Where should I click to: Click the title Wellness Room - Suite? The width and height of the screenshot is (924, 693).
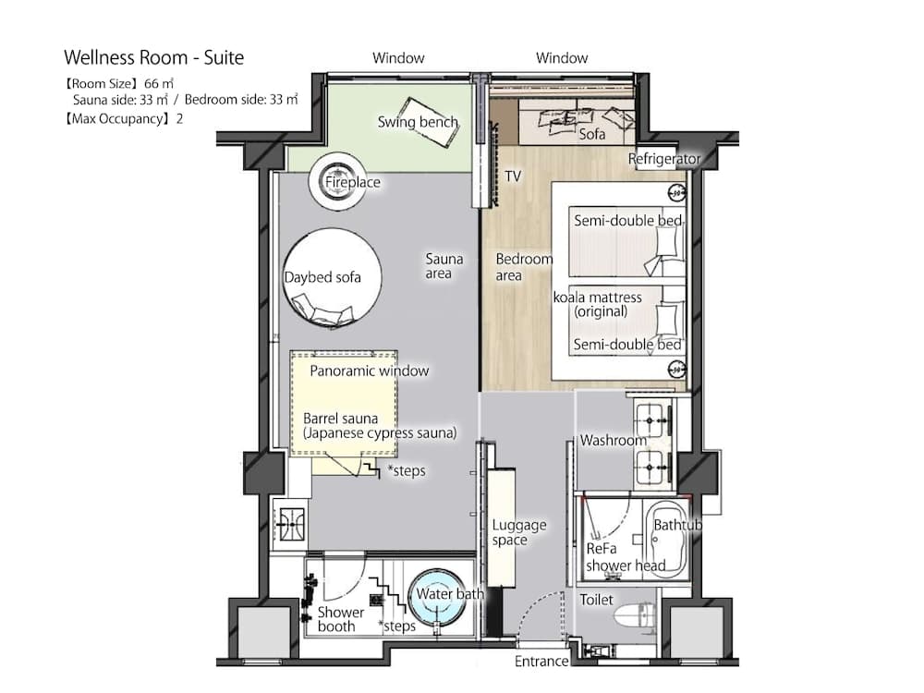coord(153,57)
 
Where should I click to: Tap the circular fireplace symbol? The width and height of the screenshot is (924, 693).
coord(338,176)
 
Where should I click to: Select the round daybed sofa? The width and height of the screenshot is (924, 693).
coord(330,277)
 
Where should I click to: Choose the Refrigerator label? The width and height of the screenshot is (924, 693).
coord(664,159)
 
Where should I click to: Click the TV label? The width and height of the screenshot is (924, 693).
coord(513,176)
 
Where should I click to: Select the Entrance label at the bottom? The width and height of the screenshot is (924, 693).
coord(541,662)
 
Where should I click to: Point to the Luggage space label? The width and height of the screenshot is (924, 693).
coord(518,532)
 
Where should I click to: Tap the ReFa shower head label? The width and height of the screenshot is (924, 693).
coord(626,556)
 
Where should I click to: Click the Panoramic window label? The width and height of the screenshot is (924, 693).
coord(369,371)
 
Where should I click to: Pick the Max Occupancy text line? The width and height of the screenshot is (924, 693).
coord(123,117)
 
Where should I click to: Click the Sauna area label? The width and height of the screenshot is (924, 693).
coord(444,266)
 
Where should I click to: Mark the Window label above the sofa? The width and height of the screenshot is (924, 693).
coord(562,58)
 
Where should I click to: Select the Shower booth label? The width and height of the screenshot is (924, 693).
coord(340,619)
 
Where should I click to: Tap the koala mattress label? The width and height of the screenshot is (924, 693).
coord(597,304)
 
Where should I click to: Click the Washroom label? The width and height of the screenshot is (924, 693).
coord(613,440)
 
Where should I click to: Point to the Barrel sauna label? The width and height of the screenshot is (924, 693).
coord(379,425)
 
